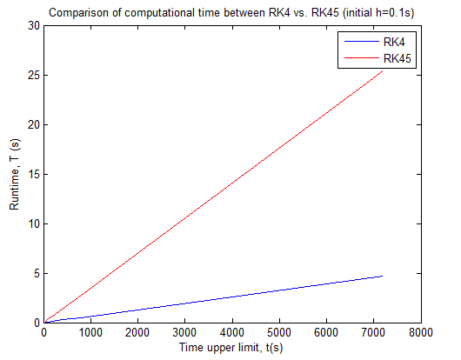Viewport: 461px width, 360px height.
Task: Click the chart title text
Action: pos(231,13)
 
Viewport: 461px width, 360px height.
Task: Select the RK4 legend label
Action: pos(394,42)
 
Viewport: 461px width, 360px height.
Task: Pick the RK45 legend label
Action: pos(398,58)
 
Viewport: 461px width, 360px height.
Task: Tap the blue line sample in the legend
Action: pos(362,42)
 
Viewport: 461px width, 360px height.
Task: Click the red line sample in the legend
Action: pos(362,58)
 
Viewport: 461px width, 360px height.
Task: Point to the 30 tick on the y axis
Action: pos(34,26)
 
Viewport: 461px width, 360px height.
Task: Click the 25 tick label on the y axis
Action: pos(34,76)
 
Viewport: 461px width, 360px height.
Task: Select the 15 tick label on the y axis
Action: pos(34,175)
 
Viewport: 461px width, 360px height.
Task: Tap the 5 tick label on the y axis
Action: pos(37,274)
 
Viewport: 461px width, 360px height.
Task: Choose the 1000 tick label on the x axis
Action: pos(90,333)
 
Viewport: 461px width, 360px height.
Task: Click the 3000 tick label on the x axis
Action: pos(184,333)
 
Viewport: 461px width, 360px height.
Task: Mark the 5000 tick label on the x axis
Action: pos(279,333)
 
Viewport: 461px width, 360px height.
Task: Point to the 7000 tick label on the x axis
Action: pos(373,333)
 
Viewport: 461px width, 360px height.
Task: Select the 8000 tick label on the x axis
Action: pos(421,333)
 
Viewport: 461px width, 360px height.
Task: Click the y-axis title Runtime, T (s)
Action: pos(14,174)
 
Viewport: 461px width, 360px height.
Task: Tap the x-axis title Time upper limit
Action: pos(220,347)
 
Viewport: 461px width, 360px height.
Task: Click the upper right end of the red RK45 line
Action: pos(382,71)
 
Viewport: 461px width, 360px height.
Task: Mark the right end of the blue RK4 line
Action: pos(382,276)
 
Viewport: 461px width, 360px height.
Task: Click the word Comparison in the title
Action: pos(72,13)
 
